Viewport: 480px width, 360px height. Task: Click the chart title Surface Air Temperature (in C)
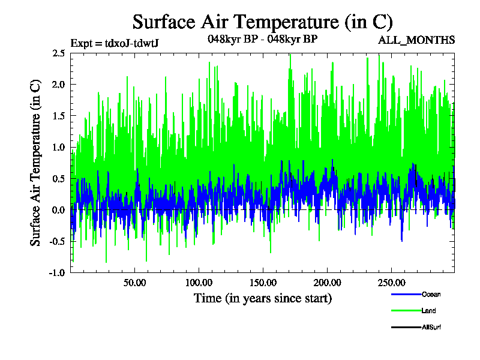pos(262,22)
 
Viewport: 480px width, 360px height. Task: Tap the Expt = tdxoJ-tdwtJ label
pos(114,43)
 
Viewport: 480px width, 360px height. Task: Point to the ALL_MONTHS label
pos(416,40)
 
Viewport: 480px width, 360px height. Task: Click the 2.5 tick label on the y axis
pos(59,53)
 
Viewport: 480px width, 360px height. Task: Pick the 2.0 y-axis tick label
pos(59,85)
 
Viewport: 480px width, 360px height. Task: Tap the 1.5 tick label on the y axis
pos(59,116)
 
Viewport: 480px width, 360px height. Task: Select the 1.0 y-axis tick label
pos(59,147)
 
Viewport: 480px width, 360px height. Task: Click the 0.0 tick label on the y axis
pos(59,209)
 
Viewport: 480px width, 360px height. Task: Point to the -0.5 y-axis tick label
pos(58,241)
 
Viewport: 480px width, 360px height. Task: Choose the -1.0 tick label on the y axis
pos(58,272)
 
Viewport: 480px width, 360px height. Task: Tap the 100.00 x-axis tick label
pos(198,282)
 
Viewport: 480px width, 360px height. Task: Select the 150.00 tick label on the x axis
pos(262,282)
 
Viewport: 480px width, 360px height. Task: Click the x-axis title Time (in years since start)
pos(262,298)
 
